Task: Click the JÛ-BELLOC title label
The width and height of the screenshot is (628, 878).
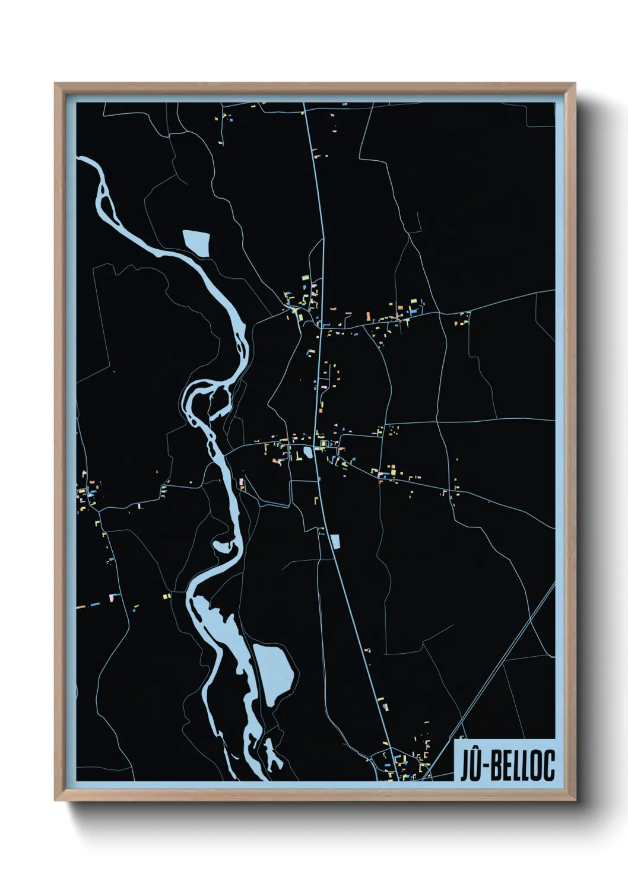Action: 508,765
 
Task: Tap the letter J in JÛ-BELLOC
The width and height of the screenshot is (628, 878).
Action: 466,766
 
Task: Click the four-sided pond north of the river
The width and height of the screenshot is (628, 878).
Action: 197,242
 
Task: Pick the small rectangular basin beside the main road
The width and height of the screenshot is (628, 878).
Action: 335,542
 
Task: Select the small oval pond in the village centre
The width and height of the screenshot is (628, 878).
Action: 307,453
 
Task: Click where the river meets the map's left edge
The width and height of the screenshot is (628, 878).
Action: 78,159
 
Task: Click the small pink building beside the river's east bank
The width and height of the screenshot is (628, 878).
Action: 242,483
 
